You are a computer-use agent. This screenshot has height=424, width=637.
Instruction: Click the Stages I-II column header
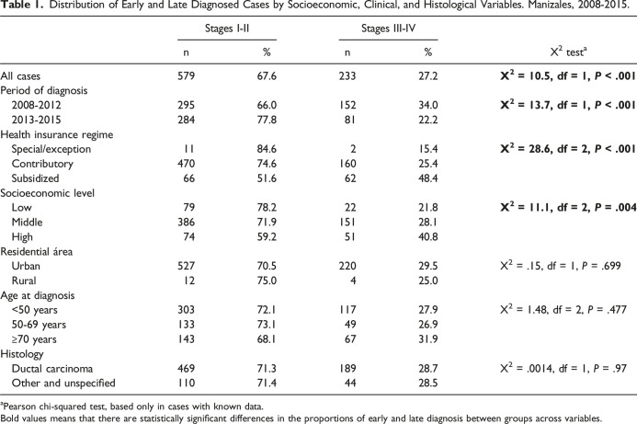227,28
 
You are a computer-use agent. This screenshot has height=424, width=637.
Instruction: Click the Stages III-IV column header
389,28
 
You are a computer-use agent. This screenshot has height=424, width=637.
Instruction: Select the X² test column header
569,52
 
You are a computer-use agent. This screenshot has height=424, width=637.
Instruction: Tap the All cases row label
20,76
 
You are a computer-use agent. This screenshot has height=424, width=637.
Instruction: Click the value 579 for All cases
186,76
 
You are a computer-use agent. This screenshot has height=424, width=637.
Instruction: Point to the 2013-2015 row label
36,120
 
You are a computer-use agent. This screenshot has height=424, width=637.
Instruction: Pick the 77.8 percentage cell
267,120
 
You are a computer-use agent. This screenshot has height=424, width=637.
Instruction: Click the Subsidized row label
35,178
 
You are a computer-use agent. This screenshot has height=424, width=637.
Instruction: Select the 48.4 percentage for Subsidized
428,178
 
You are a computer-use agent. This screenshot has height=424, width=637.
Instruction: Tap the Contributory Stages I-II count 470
186,164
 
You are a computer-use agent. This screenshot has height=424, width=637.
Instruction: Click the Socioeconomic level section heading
47,193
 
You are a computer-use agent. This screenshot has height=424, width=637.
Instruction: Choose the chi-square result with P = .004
568,207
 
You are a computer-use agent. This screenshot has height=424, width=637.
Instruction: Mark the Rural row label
24,281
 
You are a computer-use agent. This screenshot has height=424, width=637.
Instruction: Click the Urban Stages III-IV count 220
347,267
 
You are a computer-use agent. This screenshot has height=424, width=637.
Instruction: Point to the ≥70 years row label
34,339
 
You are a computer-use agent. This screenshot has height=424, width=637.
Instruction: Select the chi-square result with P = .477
563,309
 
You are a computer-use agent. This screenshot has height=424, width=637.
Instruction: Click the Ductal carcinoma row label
52,369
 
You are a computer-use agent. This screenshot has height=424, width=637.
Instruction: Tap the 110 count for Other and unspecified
186,384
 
